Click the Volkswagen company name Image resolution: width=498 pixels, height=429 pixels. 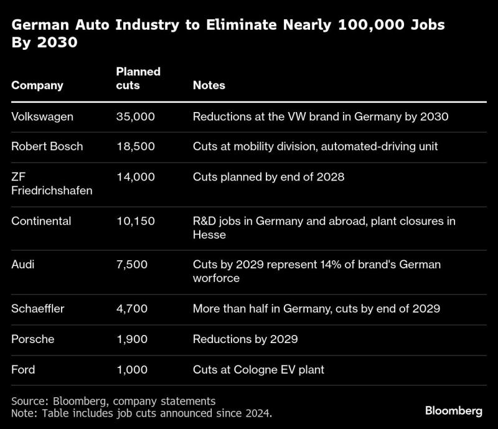click(42, 117)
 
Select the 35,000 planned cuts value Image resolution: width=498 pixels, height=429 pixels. click(136, 116)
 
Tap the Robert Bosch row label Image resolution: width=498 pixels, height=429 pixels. click(47, 146)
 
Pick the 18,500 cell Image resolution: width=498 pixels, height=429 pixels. click(136, 146)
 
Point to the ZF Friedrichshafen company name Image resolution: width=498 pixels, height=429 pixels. click(52, 184)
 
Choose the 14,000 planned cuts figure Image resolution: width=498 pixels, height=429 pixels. click(136, 177)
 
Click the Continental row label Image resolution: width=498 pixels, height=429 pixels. click(41, 221)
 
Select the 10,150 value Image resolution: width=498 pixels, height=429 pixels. click(136, 221)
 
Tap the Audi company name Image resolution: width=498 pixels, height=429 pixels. click(23, 265)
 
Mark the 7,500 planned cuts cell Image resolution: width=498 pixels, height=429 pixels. click(132, 265)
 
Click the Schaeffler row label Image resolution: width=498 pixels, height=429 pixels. click(38, 309)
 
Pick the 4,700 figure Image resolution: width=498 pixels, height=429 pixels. click(132, 309)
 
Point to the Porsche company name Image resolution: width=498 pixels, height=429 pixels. click(33, 339)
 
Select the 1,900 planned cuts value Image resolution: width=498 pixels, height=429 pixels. click(132, 339)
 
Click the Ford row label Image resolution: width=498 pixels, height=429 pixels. click(23, 370)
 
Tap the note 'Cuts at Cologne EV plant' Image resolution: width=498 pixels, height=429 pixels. click(258, 370)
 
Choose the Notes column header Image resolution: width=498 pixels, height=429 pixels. click(209, 85)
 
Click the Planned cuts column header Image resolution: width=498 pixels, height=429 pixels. click(138, 78)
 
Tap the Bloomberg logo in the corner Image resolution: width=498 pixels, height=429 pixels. click(454, 410)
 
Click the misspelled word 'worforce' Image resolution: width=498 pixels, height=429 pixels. click(216, 278)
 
